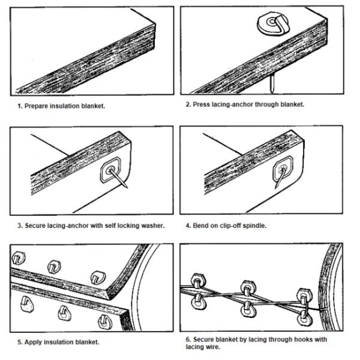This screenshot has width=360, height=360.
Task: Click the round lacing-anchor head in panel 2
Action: pyautogui.click(x=272, y=25)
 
